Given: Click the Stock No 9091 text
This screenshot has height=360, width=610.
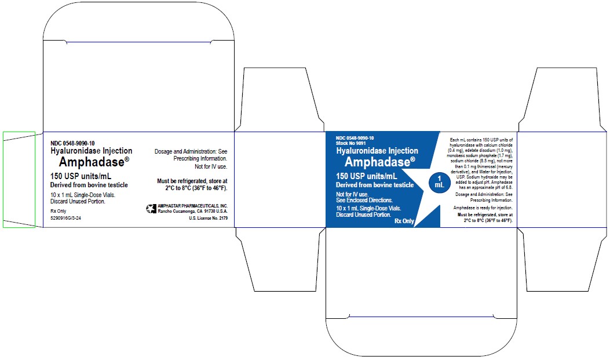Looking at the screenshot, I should (351, 143).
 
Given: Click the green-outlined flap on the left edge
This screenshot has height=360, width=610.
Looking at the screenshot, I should (19, 179).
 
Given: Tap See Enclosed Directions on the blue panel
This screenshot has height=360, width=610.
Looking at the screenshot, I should (364, 200).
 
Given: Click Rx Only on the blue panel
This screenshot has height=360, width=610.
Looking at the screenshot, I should (404, 221).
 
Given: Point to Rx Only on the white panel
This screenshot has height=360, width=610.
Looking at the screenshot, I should (59, 211).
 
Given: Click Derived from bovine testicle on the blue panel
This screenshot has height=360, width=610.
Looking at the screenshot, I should (375, 185).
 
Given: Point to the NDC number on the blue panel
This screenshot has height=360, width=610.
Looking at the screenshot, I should (355, 137).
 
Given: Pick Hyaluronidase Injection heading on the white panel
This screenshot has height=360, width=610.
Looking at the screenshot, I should (91, 151).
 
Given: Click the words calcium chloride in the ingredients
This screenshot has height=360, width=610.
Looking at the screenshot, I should (500, 146).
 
